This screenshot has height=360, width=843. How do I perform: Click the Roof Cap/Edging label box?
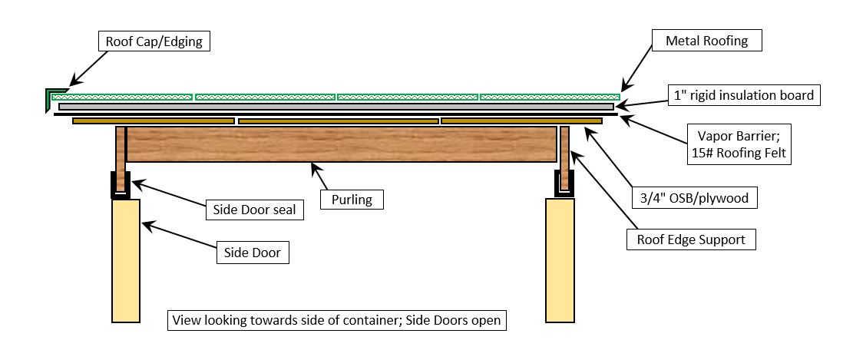[x=154, y=41]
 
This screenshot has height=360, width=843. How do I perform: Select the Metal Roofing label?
[x=707, y=40]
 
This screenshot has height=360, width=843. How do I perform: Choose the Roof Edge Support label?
[x=691, y=239]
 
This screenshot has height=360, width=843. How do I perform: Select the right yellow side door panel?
[x=560, y=261]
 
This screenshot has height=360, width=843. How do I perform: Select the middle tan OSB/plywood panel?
[x=339, y=121]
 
